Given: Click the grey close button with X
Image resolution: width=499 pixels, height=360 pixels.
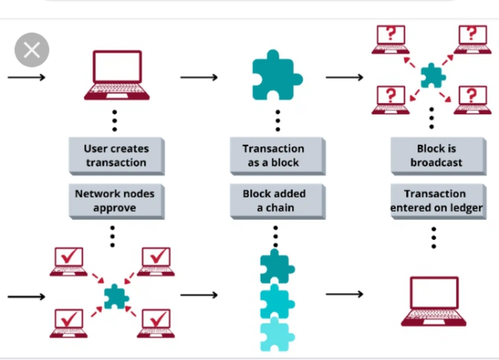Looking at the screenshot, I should (32, 50).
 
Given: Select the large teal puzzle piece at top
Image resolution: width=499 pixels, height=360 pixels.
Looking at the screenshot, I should (276, 74).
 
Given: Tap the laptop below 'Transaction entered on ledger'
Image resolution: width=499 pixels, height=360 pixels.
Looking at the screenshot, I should (434, 301).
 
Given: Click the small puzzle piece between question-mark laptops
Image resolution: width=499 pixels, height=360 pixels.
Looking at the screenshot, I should (431, 75).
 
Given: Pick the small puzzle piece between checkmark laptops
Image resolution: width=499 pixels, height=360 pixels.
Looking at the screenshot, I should (115, 296).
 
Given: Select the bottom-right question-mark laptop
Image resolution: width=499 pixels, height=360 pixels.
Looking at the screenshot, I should (472, 99).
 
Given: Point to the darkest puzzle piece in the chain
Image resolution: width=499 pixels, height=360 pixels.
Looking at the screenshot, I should (276, 266).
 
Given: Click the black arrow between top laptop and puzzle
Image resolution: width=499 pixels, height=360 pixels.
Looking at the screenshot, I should (199, 76).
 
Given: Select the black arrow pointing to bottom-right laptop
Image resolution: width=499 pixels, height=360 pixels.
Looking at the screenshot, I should (345, 295).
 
